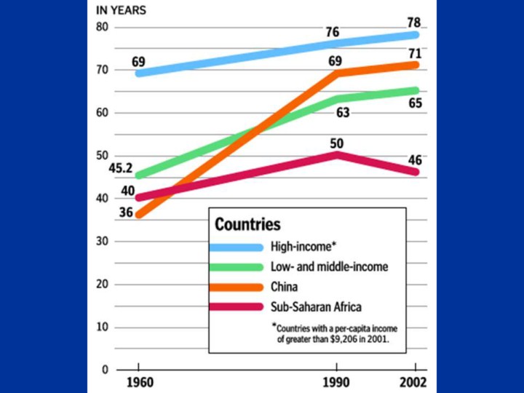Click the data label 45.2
119,169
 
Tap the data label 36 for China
125,213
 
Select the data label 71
414,54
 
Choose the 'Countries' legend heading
247,224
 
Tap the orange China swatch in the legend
236,287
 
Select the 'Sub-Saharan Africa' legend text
316,307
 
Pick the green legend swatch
236,267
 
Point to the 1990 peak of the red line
336,154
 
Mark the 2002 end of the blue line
415,34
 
